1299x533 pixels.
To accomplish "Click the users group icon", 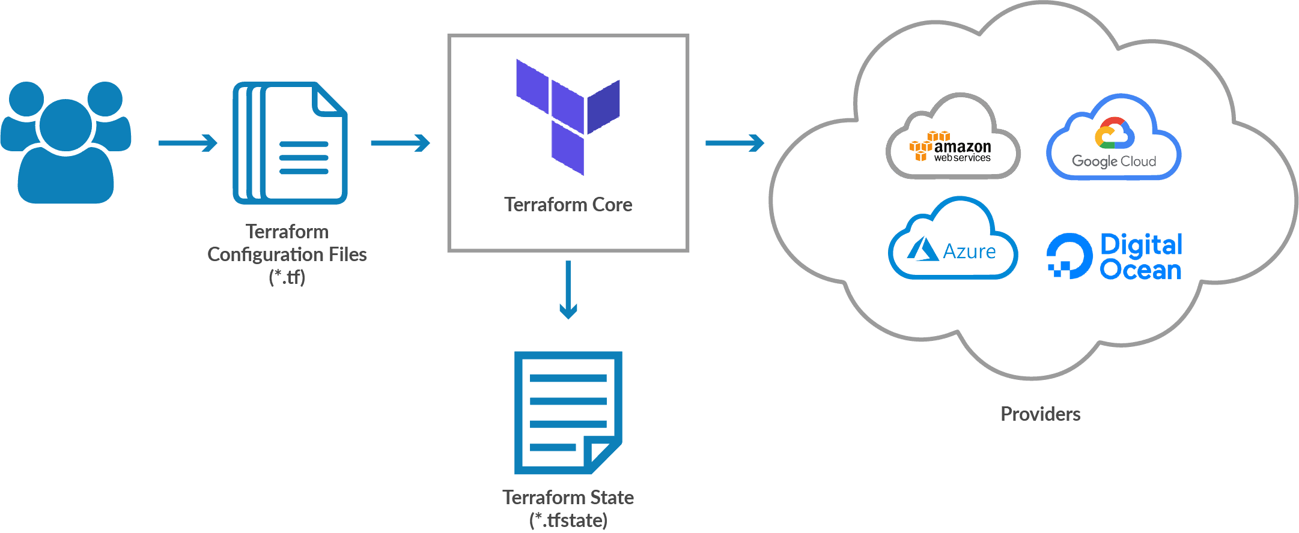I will pyautogui.click(x=65, y=144).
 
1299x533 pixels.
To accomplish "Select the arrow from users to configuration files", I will pyautogui.click(x=187, y=143).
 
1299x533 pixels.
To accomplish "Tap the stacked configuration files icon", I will pyautogui.click(x=290, y=143).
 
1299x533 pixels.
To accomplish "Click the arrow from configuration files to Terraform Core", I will pyautogui.click(x=400, y=143).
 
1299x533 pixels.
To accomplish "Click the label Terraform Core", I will pyautogui.click(x=568, y=205).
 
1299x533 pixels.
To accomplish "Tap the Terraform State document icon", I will pyautogui.click(x=567, y=413).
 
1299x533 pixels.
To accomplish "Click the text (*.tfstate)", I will pyautogui.click(x=568, y=520).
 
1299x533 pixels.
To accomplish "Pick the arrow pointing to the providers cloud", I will pyautogui.click(x=734, y=143).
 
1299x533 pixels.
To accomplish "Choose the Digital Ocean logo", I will pyautogui.click(x=1115, y=257).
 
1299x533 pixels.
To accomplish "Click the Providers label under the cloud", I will pyautogui.click(x=1040, y=414).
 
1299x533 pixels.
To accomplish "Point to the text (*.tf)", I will pyautogui.click(x=287, y=277).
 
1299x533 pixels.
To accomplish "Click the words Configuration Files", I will pyautogui.click(x=287, y=254).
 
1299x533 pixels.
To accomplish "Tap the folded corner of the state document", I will pyautogui.click(x=603, y=456).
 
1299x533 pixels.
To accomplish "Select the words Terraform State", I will pyautogui.click(x=568, y=498).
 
